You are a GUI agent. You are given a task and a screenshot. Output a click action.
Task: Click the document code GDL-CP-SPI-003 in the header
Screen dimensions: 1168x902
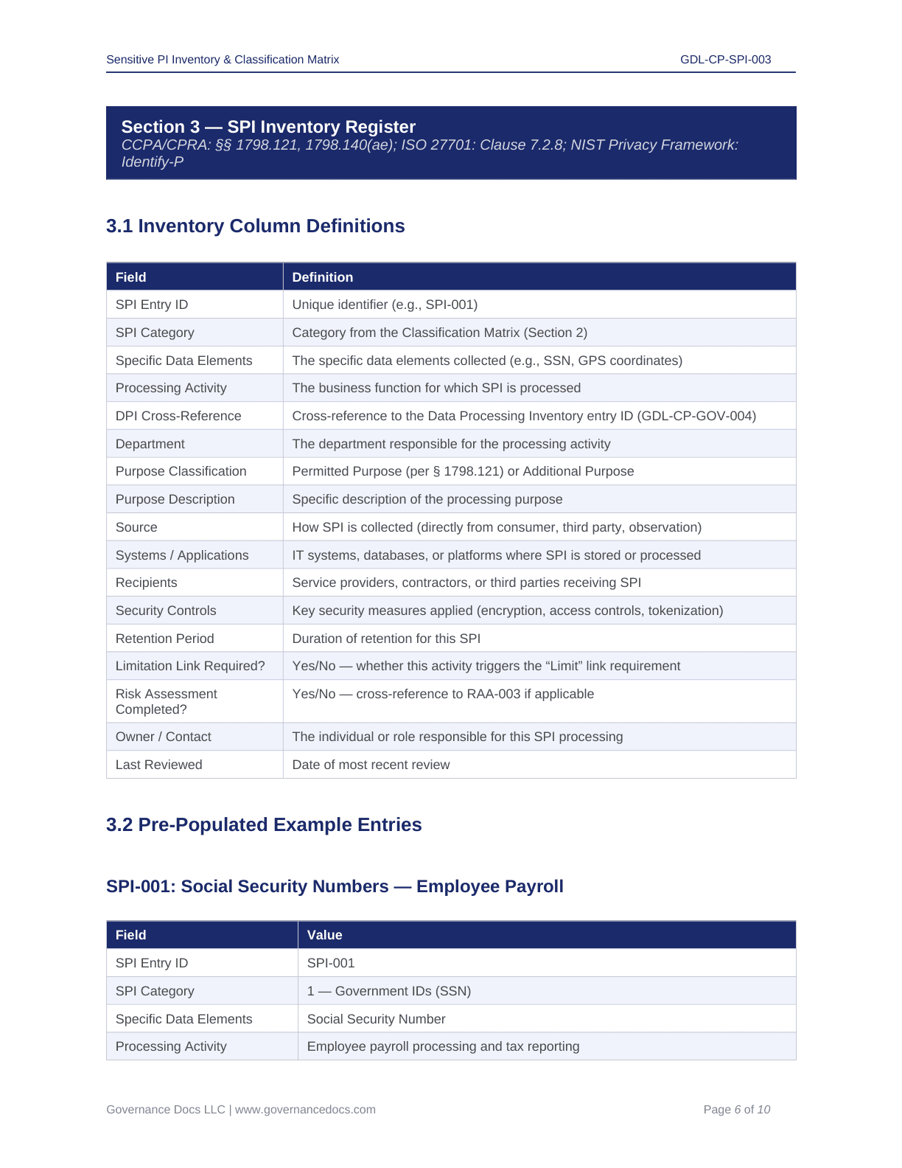[725, 60]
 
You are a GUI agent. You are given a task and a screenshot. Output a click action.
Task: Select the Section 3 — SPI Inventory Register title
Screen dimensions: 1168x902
[268, 127]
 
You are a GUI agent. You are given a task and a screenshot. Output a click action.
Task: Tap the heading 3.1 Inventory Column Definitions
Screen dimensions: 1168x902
[255, 226]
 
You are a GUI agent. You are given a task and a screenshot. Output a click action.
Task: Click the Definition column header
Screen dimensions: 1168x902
[323, 277]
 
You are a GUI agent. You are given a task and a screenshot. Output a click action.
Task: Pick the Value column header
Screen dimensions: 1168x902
[324, 935]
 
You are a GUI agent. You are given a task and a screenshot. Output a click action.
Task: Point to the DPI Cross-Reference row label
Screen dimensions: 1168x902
[178, 416]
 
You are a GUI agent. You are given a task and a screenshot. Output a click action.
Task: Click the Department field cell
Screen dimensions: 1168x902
[150, 444]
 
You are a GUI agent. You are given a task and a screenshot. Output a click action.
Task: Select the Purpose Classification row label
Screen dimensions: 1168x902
[181, 471]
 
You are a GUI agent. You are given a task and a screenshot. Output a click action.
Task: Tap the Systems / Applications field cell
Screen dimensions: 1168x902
[182, 555]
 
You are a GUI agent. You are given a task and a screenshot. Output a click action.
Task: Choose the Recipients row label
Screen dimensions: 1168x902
[146, 583]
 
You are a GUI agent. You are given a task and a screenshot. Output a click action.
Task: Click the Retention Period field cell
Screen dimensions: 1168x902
[164, 639]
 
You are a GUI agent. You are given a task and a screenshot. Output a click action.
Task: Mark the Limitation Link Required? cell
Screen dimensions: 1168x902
[190, 666]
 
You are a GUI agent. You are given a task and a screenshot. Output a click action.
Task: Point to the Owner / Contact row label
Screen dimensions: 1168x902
[163, 737]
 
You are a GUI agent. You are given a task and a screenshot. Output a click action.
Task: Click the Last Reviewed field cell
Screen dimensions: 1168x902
[158, 765]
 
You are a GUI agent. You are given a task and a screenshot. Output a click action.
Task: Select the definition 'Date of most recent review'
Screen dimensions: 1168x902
[371, 765]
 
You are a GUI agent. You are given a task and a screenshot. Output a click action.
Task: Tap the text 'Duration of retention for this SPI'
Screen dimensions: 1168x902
[386, 639]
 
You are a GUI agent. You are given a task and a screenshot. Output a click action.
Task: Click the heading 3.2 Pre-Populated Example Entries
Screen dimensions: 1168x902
[264, 824]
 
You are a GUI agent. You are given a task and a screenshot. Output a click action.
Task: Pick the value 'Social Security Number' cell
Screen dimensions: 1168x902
[376, 1019]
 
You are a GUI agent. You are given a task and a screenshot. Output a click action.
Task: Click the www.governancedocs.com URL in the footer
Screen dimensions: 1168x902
[305, 1110]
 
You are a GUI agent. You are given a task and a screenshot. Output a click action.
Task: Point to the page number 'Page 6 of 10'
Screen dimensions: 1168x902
[736, 1110]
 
